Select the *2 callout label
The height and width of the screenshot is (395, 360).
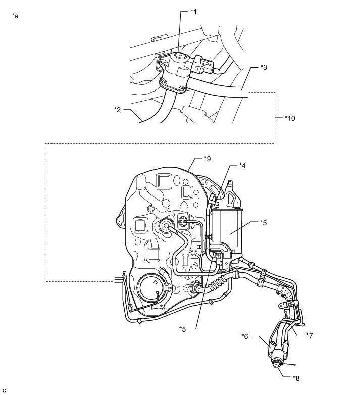(117, 109)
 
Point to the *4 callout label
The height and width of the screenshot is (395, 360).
(243, 166)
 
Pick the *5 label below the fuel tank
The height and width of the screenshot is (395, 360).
(183, 329)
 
